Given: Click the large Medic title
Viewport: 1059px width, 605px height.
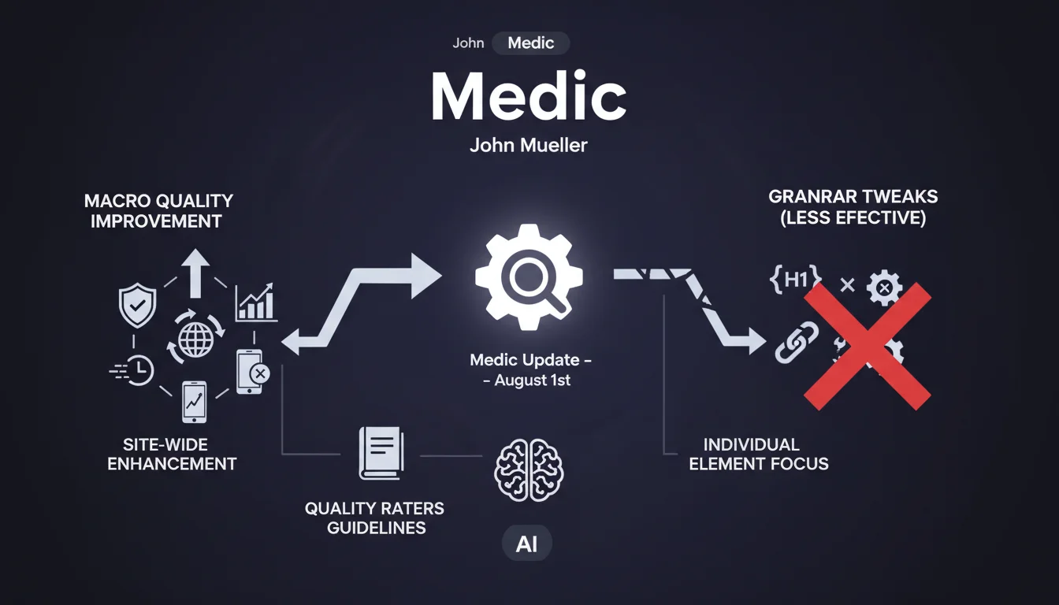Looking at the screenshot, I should [528, 98].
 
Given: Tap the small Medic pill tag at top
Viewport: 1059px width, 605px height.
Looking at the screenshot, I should [530, 43].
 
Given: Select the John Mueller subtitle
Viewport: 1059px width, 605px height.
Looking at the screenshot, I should [528, 146].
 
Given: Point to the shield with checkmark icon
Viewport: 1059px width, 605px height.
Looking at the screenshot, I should [137, 306].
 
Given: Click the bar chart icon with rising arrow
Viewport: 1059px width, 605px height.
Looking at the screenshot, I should [256, 302].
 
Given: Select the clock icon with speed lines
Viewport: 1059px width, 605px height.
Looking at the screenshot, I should [134, 369].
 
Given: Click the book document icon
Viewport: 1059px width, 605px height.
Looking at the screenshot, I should [381, 452].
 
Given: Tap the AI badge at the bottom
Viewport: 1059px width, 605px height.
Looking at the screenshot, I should [526, 544].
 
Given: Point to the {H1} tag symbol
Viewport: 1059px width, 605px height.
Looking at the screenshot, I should [795, 280].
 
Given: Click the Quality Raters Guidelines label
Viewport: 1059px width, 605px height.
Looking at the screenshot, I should [375, 518].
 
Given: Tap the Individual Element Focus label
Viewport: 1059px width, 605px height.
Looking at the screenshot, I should [758, 455].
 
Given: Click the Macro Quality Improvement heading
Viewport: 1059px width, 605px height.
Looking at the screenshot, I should [158, 210].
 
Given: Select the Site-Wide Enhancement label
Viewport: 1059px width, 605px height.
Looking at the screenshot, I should [172, 455].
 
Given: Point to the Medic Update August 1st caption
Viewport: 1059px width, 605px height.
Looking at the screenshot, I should [530, 369].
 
